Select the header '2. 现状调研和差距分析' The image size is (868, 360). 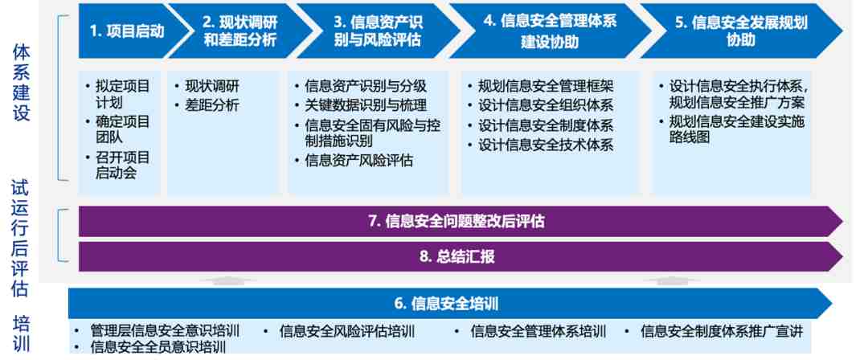click(x=240, y=31)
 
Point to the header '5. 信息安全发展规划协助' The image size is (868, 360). click(x=741, y=31)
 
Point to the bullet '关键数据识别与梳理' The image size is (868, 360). click(x=366, y=105)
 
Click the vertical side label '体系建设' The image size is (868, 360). click(x=22, y=83)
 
